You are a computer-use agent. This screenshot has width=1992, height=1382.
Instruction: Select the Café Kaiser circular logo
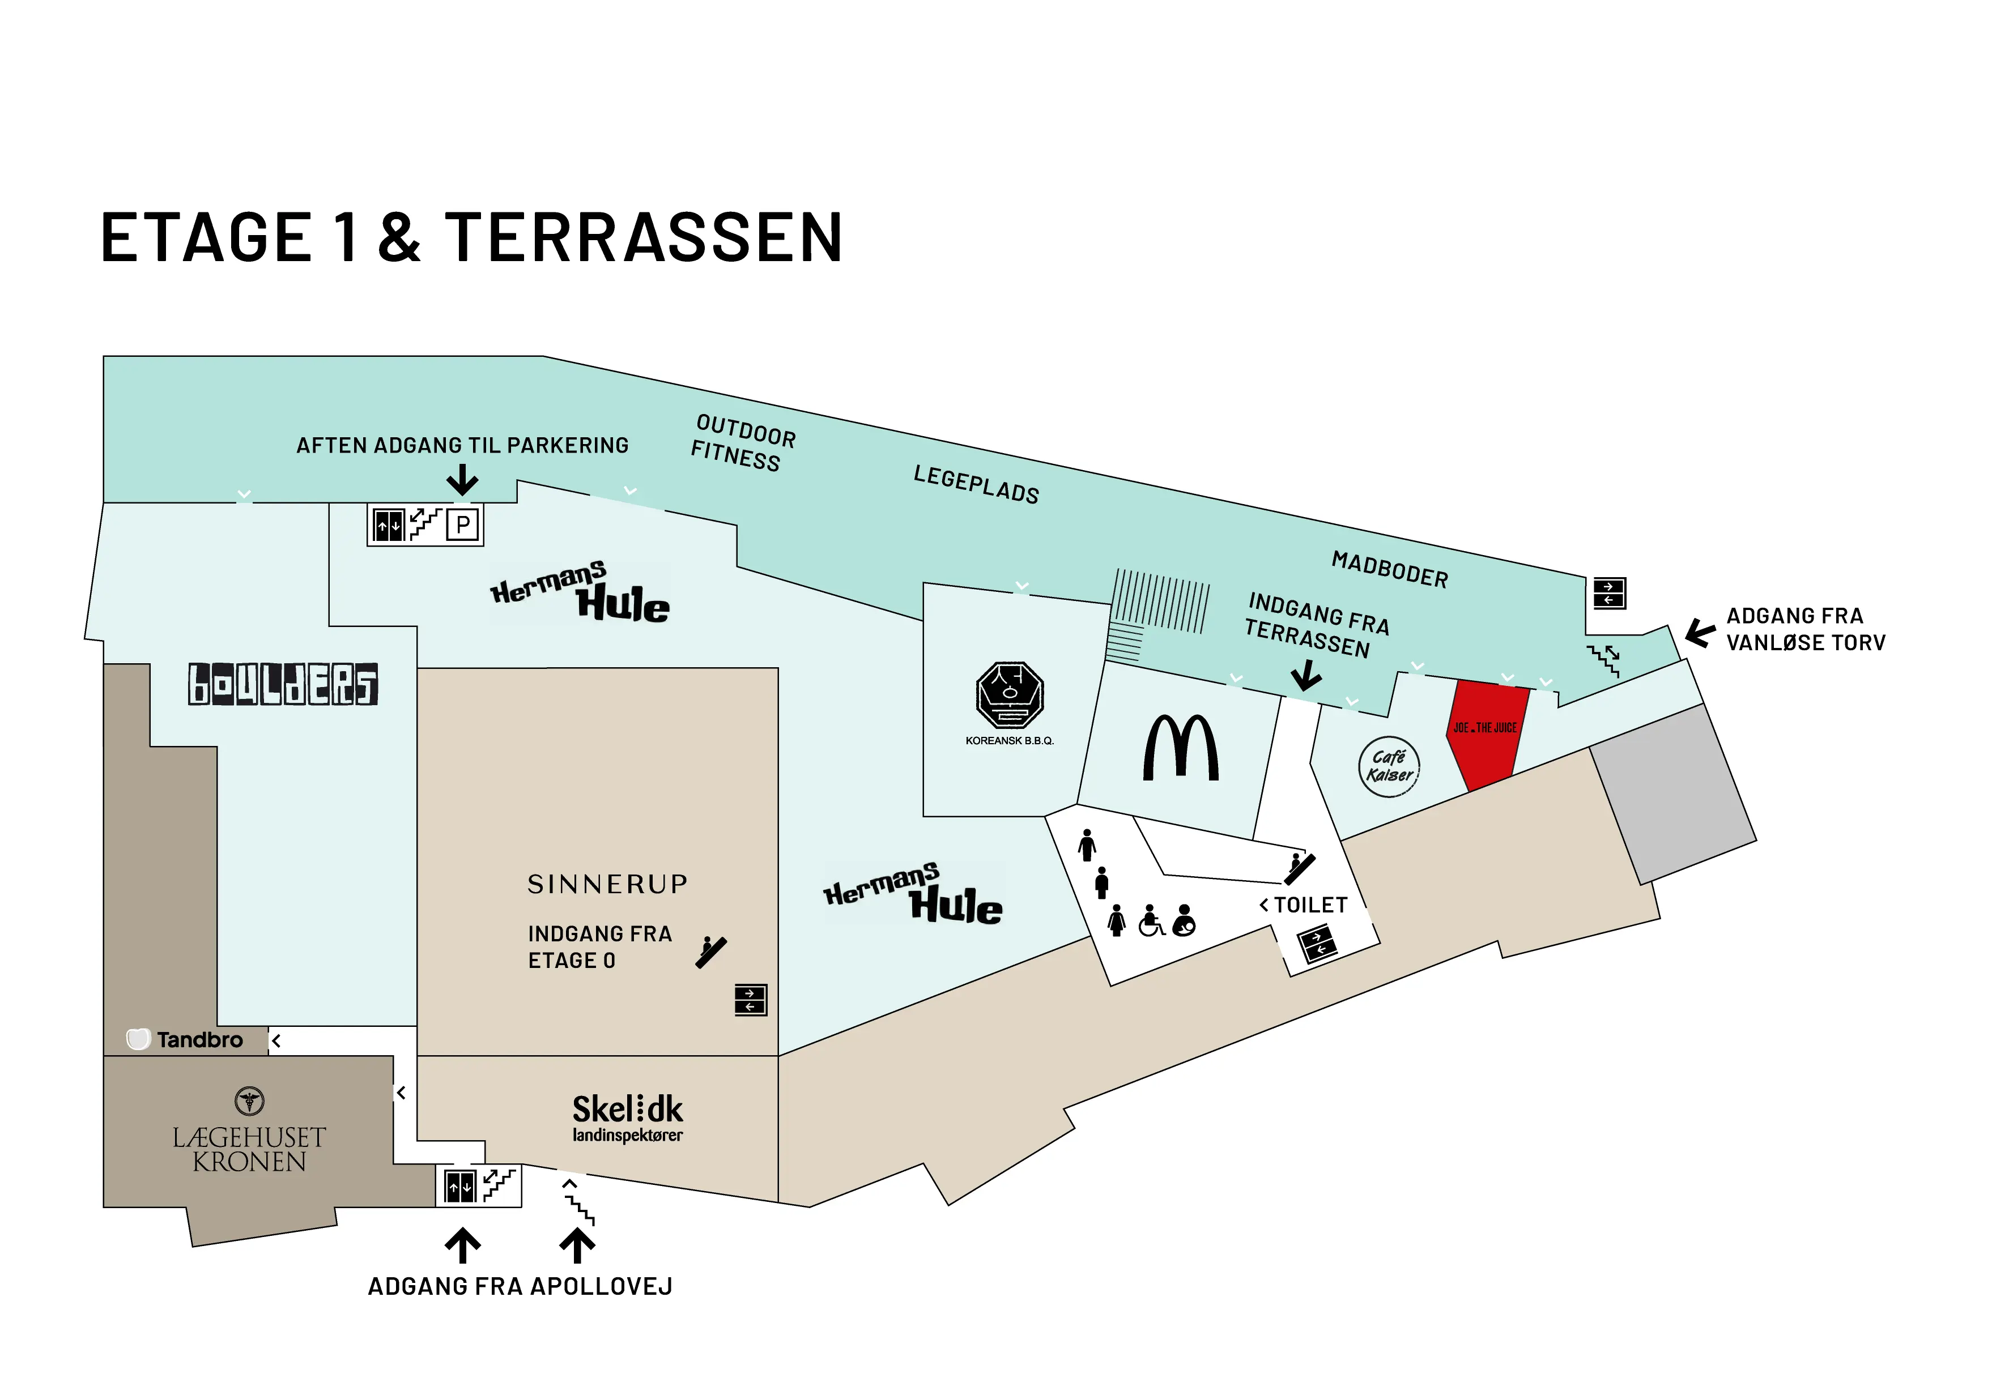coord(1388,766)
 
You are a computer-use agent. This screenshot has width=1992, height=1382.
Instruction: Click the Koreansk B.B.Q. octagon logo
coord(1009,694)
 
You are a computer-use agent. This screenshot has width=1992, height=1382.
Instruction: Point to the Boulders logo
coord(283,684)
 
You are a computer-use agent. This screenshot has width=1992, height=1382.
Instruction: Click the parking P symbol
coord(463,524)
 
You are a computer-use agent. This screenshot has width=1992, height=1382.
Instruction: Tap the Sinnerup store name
coord(607,884)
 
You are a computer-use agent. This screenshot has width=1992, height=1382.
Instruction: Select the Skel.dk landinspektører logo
coord(627,1117)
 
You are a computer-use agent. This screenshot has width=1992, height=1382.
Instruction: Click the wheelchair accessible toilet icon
coord(1151,920)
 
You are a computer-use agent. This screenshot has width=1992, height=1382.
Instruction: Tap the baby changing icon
coord(1184,920)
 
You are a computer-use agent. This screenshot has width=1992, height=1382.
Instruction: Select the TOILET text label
coord(1310,905)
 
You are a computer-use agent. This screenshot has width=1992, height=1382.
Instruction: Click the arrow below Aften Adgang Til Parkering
coord(462,480)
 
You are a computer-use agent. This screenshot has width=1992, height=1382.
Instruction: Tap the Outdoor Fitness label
coord(742,442)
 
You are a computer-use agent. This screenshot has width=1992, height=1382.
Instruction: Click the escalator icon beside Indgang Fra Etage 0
coord(712,952)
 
